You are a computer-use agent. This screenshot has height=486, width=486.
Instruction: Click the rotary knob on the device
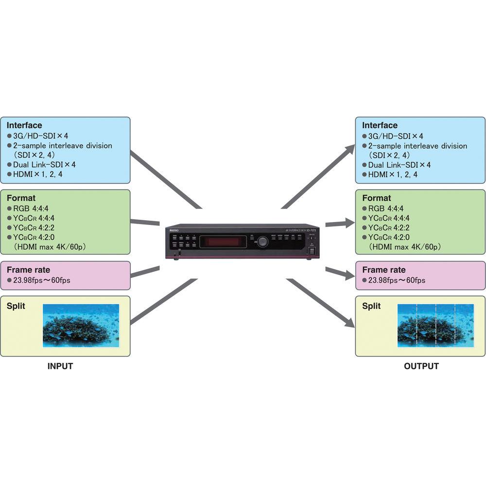(263, 241)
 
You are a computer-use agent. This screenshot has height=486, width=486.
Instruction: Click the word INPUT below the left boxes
(60, 366)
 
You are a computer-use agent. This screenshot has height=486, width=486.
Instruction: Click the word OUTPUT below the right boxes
(421, 366)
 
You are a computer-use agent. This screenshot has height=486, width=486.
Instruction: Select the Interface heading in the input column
(24, 125)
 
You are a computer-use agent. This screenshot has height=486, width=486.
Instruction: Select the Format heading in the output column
(377, 198)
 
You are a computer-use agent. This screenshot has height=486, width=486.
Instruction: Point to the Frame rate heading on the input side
(28, 270)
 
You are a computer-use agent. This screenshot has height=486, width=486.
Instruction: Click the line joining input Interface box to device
(165, 180)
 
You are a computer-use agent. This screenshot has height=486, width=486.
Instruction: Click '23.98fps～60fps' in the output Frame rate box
(397, 280)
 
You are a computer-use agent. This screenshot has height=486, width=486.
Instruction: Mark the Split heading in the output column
(372, 306)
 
